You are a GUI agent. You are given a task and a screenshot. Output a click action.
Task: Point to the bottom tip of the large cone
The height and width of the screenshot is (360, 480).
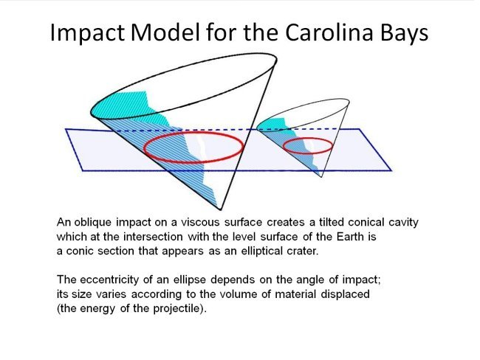[219, 210]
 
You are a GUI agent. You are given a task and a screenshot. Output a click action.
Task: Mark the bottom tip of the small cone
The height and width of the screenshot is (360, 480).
[319, 176]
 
